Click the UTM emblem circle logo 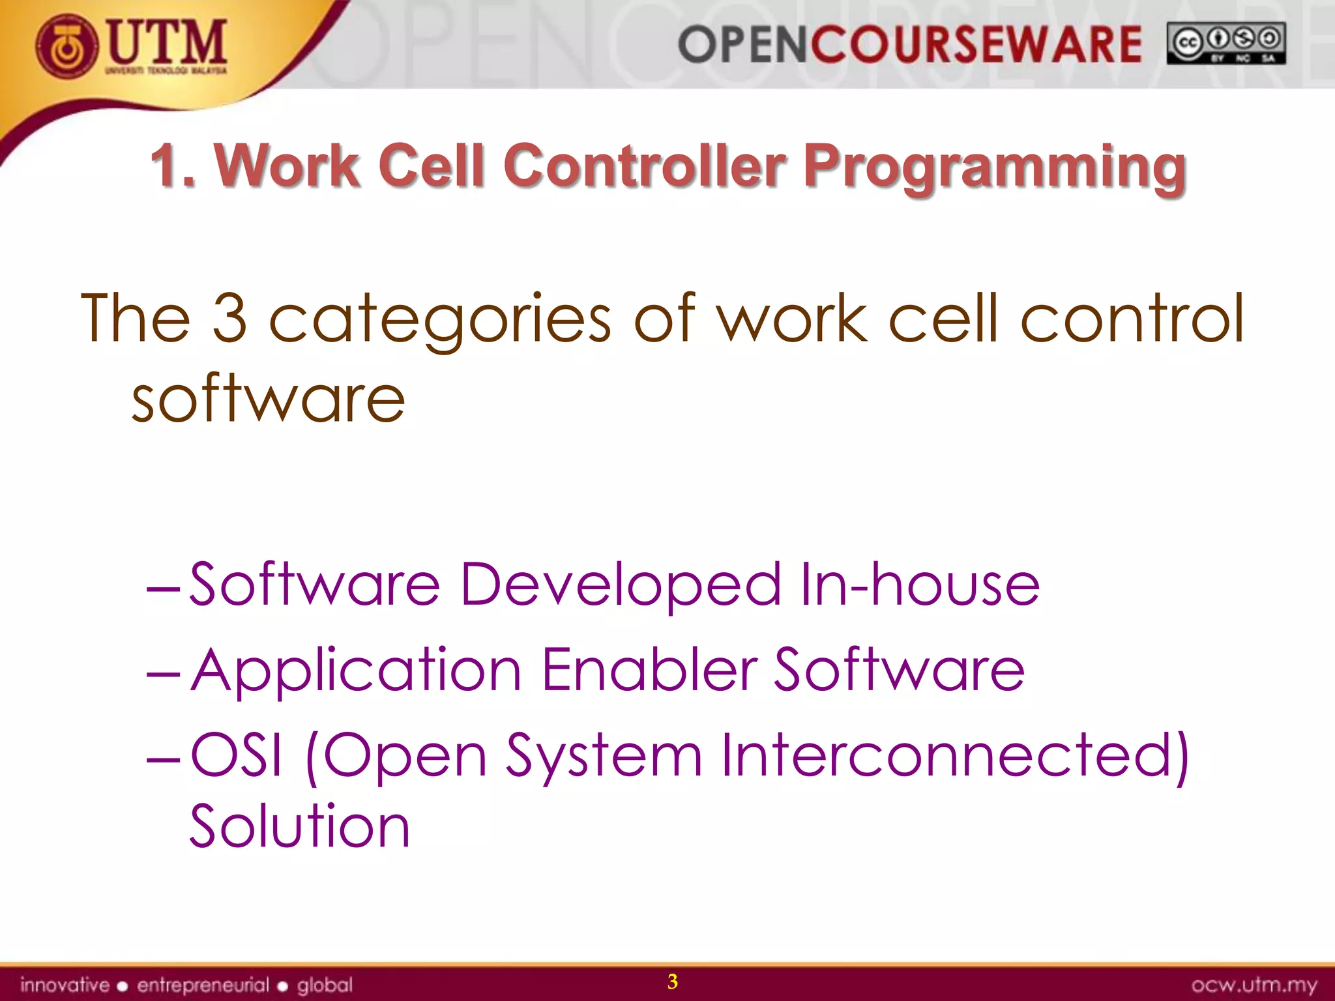point(67,46)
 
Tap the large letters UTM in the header point(167,42)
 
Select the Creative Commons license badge point(1225,43)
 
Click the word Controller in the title point(644,166)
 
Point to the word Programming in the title point(995,168)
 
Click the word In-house point(920,584)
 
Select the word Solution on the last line point(300,826)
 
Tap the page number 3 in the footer point(672,981)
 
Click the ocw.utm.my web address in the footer point(1254,985)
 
